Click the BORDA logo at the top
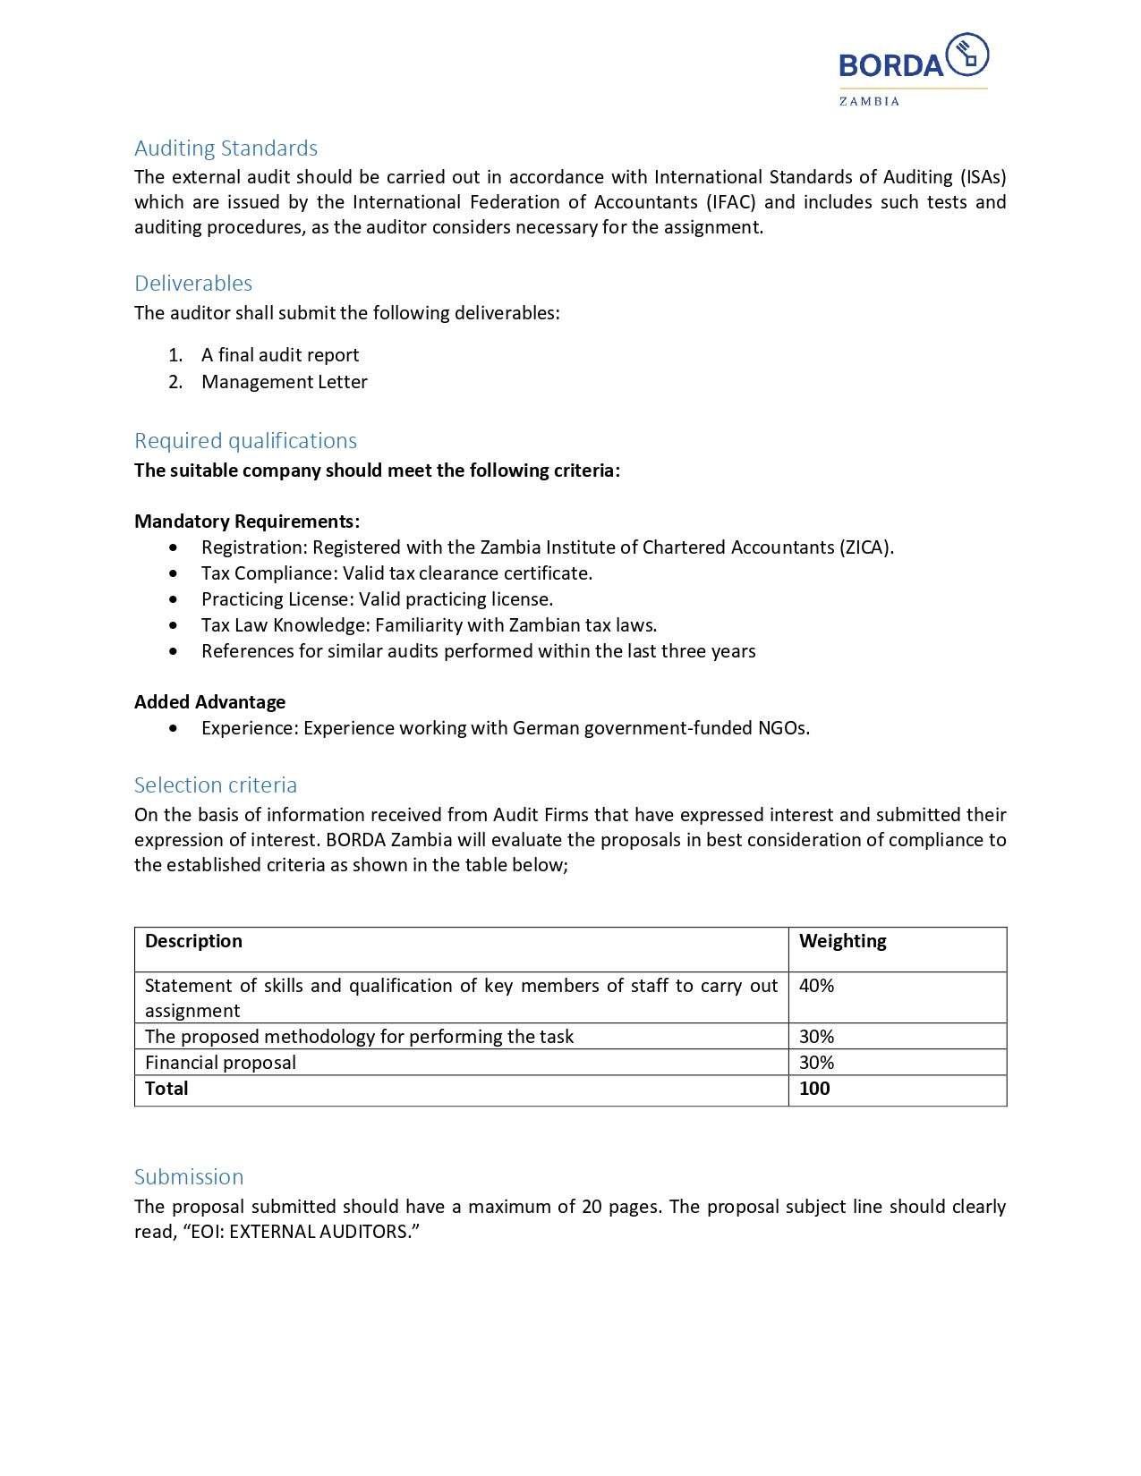(x=913, y=68)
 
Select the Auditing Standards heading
(x=226, y=148)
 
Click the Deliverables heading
(x=193, y=284)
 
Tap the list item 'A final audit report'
(x=280, y=355)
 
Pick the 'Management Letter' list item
(x=285, y=382)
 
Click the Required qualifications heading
(x=245, y=441)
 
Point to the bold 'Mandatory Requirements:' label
(x=247, y=522)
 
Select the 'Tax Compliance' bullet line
(x=396, y=573)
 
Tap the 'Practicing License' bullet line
(x=377, y=599)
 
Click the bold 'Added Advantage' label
(x=209, y=702)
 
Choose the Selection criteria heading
(x=216, y=785)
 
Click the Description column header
(x=193, y=941)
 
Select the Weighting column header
(x=842, y=941)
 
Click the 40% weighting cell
(x=816, y=986)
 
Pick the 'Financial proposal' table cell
(x=220, y=1063)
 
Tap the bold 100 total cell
(x=814, y=1089)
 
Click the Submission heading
(x=189, y=1177)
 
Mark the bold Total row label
(x=166, y=1089)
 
